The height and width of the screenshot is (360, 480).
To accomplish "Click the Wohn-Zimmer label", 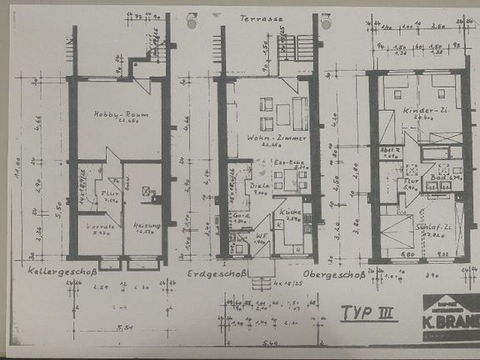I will click(269, 138).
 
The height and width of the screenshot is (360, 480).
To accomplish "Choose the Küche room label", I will click(288, 212).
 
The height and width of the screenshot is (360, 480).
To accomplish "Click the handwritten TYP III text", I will click(367, 312).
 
